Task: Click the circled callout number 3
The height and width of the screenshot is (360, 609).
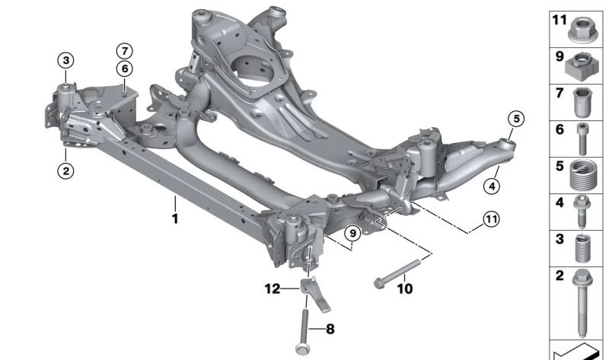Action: click(x=65, y=61)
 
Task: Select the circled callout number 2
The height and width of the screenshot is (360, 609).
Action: click(x=65, y=170)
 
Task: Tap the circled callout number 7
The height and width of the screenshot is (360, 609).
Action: click(x=124, y=51)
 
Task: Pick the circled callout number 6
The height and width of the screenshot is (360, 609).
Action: click(x=124, y=68)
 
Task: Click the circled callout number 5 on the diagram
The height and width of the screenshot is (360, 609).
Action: click(x=516, y=119)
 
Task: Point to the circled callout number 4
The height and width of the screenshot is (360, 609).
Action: click(x=492, y=186)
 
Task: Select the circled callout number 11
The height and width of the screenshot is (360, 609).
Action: click(x=491, y=219)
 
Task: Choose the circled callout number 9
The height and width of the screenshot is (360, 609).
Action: click(x=352, y=234)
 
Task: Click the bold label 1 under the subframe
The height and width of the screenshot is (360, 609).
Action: click(x=175, y=218)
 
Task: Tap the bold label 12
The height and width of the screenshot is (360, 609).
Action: click(x=273, y=288)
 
